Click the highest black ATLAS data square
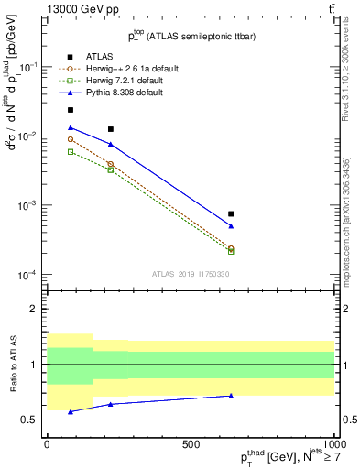[x=71, y=110]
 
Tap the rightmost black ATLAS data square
[x=231, y=213]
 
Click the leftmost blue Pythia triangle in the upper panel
[x=71, y=127]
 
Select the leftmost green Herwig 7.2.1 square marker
[x=71, y=151]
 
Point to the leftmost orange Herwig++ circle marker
[x=71, y=139]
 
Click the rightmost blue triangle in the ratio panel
[x=231, y=396]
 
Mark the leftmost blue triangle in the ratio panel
[x=71, y=411]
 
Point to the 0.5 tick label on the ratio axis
[x=32, y=420]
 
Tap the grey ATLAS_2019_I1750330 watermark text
[x=191, y=274]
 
